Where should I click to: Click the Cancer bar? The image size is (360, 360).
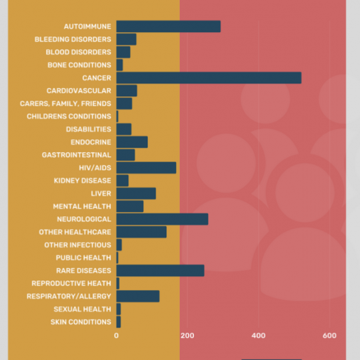tap(209, 78)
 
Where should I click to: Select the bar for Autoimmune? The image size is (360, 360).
tap(169, 27)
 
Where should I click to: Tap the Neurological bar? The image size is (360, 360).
tap(162, 219)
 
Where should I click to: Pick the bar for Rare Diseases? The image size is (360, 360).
tap(160, 271)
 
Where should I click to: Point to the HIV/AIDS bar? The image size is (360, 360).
tap(146, 167)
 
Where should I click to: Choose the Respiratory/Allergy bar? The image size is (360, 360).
tap(138, 296)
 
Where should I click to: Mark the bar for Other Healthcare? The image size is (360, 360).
tap(141, 232)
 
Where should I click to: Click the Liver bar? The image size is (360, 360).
tap(136, 193)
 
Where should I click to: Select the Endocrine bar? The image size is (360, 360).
tap(132, 142)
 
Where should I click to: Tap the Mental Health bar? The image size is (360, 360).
tap(130, 206)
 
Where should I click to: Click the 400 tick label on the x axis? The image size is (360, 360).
tap(259, 335)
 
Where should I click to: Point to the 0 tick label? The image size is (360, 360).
tap(117, 335)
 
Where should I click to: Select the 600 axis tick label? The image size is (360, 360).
tap(329, 335)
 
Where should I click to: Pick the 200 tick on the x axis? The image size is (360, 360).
tap(187, 335)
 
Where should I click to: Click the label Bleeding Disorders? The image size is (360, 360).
tap(73, 39)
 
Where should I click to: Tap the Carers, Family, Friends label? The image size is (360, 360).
tap(65, 103)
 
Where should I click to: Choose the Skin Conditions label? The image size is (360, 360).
tap(81, 322)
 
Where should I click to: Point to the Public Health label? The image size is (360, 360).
tap(83, 257)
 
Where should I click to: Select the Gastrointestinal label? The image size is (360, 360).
tap(77, 155)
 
